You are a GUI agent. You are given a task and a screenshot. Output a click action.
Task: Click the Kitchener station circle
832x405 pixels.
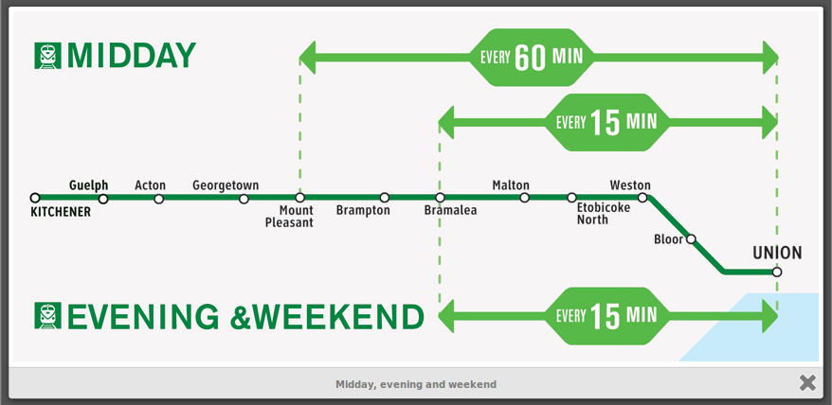coord(35,198)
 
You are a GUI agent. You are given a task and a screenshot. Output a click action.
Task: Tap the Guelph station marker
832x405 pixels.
coord(103,199)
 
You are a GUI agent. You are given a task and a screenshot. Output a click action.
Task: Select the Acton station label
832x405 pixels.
coord(150,185)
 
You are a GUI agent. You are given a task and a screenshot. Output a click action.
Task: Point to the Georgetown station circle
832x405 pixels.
coord(244,199)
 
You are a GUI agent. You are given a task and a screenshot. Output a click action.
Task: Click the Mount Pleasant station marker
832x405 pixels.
coord(299,198)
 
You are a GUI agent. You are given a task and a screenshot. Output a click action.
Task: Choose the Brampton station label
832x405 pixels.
coord(363,210)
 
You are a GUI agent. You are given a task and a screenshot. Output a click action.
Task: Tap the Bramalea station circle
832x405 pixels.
coord(440,198)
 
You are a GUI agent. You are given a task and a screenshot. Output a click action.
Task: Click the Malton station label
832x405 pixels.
coord(511,185)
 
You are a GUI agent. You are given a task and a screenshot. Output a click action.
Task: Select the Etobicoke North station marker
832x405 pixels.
coord(571,198)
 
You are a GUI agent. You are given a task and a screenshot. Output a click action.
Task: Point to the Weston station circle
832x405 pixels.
coord(642,198)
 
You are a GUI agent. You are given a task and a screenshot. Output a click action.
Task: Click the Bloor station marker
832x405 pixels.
coord(691,239)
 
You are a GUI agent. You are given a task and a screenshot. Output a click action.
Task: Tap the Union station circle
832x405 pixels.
coord(777,272)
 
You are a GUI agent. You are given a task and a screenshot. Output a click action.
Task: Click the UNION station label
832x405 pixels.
coord(777,253)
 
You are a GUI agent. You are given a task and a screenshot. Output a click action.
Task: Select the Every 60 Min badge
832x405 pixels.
coord(532,58)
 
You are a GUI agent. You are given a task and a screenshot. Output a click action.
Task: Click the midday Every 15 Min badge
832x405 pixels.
coord(606,122)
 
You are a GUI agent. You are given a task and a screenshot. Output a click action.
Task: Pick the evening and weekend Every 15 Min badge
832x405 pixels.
coord(606,316)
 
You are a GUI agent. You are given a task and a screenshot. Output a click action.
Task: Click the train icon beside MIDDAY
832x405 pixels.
coord(47,56)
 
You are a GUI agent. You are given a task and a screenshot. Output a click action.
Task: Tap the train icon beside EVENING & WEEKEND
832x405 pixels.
coord(47,315)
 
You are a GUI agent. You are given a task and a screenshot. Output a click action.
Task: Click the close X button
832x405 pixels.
coord(807,382)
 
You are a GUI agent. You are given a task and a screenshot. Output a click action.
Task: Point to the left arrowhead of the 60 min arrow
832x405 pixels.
coord(308,58)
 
